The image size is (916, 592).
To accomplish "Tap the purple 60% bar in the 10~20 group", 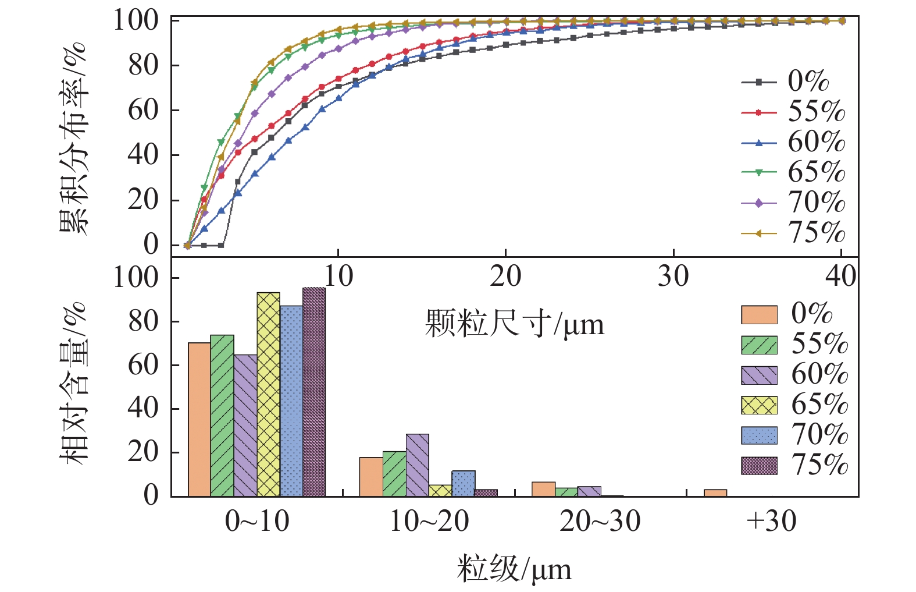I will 418,465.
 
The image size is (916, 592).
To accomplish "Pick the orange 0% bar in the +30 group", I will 715,493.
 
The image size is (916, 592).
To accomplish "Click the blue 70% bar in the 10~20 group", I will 464,483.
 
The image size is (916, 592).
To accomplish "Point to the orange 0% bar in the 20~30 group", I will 543,489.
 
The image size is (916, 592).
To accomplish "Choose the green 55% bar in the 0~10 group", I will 222,416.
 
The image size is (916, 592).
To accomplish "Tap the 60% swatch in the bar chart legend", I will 759,375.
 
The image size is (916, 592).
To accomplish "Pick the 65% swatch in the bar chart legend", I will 759,405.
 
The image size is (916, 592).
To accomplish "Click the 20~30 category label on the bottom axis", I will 600,522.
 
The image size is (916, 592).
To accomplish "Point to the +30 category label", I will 771,522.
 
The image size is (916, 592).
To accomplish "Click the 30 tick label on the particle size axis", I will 673,276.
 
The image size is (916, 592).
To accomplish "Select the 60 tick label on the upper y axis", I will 144,110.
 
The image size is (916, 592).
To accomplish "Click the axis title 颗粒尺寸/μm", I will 515,324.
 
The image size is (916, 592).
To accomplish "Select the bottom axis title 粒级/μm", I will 514,569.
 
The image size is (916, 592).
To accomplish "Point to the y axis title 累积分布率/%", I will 74,138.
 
